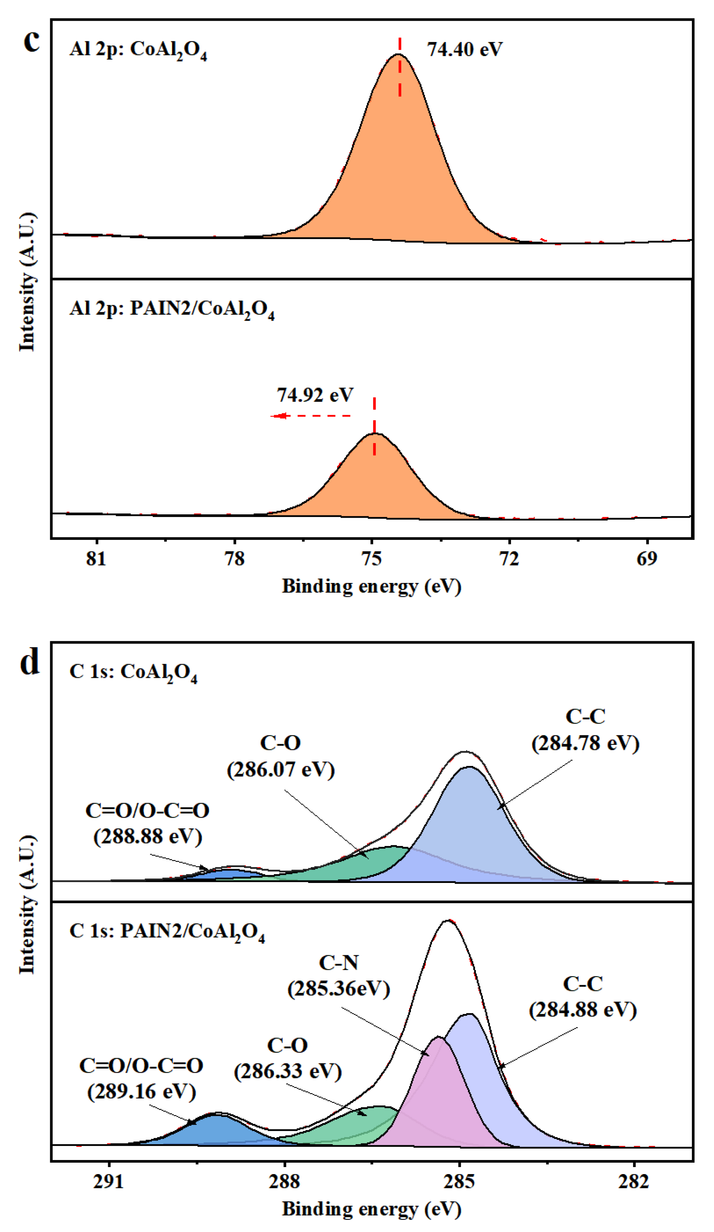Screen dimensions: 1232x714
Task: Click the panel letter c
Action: [x=31, y=40]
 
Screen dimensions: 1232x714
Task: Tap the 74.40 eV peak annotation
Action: [x=464, y=49]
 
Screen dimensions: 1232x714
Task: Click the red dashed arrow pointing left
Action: [x=310, y=416]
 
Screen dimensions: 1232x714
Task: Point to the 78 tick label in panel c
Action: [x=234, y=558]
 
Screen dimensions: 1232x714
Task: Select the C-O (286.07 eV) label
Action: [x=280, y=756]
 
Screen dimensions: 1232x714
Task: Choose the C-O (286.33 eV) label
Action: [x=288, y=1059]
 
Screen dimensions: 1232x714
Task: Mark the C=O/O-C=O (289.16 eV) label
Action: [x=141, y=1079]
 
